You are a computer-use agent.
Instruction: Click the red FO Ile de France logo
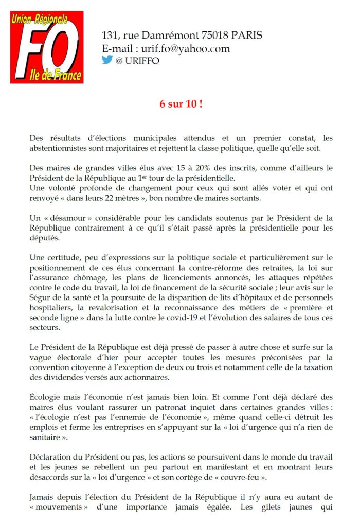47,47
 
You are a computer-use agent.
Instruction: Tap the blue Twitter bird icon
107,59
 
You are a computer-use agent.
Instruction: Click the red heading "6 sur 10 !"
180,103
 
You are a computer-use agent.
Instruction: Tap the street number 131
110,36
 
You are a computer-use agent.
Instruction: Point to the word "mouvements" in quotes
57,505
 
